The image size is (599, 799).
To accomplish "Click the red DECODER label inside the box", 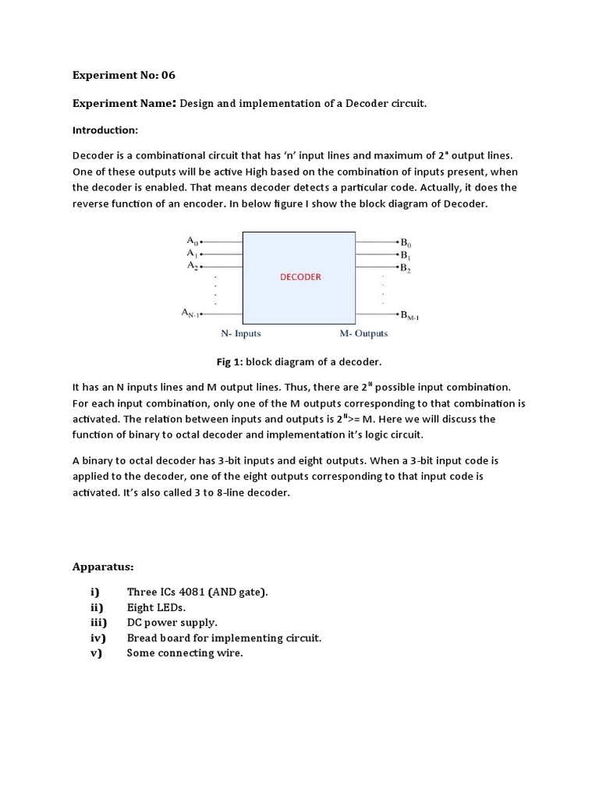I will tap(300, 276).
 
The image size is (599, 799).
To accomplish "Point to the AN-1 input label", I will tap(191, 314).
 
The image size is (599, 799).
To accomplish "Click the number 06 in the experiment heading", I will tap(168, 76).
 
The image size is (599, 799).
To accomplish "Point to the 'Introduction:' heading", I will tap(105, 130).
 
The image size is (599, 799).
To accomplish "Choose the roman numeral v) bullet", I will tap(97, 653).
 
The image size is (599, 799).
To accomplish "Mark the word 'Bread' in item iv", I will tap(142, 637).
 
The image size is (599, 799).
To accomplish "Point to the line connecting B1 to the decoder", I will tap(377, 254).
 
